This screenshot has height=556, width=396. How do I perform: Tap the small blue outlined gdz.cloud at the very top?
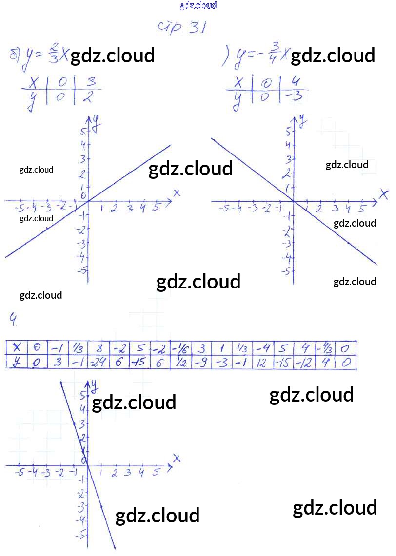pos(198,6)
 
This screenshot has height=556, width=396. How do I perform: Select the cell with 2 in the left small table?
pos(88,97)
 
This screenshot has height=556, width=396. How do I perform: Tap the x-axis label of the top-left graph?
pos(177,193)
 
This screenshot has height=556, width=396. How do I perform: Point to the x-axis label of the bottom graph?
pos(177,458)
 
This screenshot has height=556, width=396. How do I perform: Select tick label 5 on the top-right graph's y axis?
pos(287,132)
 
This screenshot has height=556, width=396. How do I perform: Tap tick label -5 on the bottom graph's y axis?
pos(82,534)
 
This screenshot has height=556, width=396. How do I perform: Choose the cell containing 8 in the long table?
pos(99,348)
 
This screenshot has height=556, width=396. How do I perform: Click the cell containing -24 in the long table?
pos(99,363)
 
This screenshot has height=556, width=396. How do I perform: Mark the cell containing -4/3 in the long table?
pos(324,348)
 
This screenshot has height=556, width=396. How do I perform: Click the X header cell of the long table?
pos(18,348)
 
